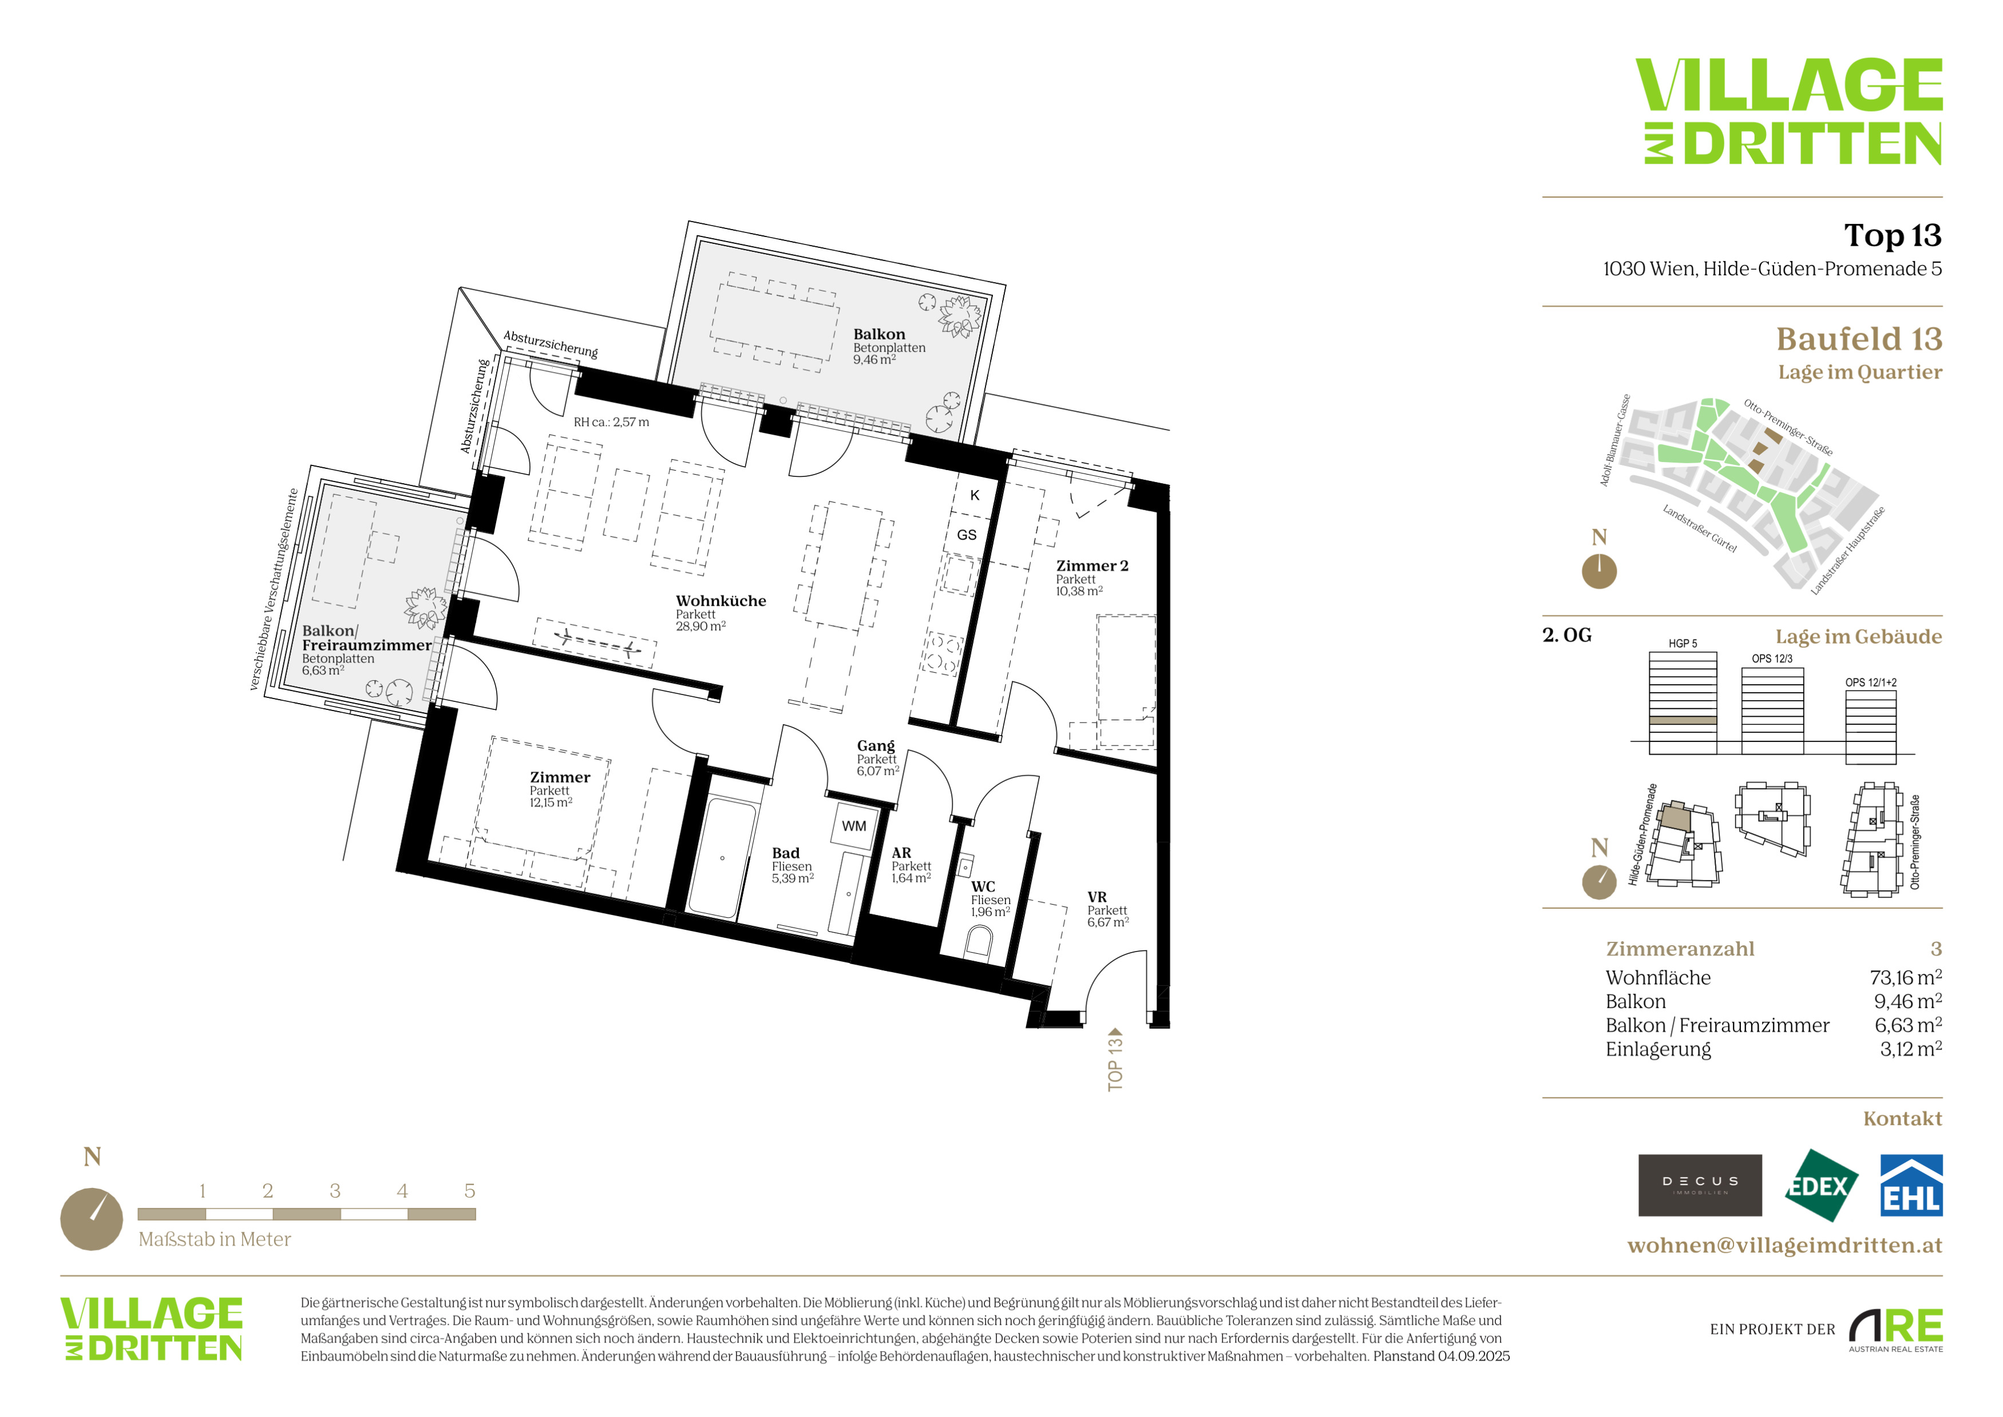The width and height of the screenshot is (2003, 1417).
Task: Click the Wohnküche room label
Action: click(721, 601)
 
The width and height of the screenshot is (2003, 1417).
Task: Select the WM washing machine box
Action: click(854, 826)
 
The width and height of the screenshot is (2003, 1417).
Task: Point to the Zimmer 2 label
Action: click(1092, 566)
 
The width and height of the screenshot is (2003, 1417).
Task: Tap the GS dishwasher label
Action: click(967, 535)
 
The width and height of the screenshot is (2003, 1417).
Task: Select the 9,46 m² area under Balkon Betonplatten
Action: click(874, 360)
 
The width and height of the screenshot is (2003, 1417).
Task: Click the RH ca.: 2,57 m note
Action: click(611, 423)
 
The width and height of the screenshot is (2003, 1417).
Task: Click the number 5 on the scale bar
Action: click(469, 1191)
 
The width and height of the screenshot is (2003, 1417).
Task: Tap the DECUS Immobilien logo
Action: click(1700, 1185)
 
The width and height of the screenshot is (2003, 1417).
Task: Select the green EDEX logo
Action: click(1820, 1186)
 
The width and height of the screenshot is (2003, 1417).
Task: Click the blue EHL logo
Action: click(1910, 1186)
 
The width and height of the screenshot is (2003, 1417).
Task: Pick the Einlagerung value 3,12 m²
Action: click(1910, 1049)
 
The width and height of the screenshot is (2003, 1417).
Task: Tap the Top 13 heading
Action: click(1892, 235)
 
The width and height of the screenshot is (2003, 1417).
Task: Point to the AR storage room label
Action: click(901, 853)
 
